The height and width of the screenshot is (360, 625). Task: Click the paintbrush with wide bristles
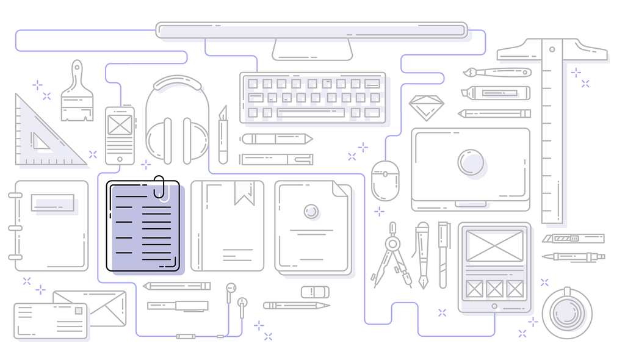77,95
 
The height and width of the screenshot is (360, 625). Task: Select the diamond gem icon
426,107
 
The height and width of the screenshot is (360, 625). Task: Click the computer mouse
385,180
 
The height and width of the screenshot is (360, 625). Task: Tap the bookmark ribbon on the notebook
244,192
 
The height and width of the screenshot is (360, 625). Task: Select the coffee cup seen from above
566,313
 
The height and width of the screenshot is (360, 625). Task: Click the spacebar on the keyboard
311,112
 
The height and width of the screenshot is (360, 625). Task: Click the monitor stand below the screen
312,49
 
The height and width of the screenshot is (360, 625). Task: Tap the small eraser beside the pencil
315,292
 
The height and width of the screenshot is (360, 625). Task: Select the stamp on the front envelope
78,311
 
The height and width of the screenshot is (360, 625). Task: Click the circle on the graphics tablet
471,163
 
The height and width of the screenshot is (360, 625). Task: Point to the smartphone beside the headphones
120,135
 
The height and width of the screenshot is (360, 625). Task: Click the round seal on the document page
312,211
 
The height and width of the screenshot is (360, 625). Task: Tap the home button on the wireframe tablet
494,306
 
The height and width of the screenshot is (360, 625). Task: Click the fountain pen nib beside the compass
422,278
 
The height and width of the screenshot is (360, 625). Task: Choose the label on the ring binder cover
53,203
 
